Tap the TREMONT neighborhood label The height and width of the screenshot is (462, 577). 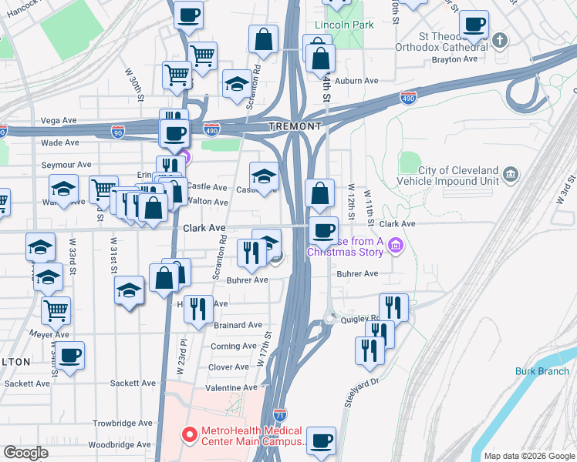pyautogui.click(x=294, y=126)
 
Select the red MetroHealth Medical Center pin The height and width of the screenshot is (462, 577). pyautogui.click(x=187, y=435)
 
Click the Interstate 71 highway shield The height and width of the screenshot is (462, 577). pyautogui.click(x=280, y=414)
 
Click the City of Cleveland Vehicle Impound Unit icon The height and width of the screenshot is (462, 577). pyautogui.click(x=510, y=176)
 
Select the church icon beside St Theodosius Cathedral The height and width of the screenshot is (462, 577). pyautogui.click(x=500, y=39)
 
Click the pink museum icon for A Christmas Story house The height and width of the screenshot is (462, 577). pyautogui.click(x=396, y=246)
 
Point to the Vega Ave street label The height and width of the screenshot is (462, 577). pyautogui.click(x=59, y=120)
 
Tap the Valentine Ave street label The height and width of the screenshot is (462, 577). pyautogui.click(x=228, y=388)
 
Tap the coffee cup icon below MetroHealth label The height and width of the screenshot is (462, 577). pyautogui.click(x=321, y=440)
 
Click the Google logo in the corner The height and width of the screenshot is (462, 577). pyautogui.click(x=25, y=453)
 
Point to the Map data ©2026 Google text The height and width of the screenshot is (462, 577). pyautogui.click(x=529, y=456)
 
